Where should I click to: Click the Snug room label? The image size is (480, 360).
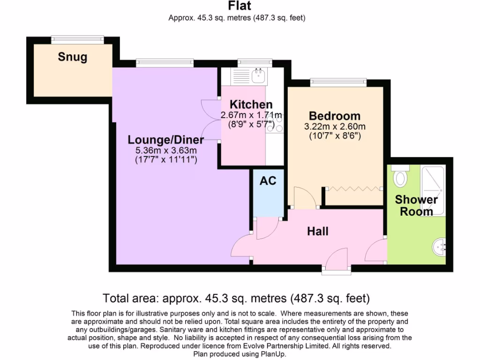[x=73, y=57]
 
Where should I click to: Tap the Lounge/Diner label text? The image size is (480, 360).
[x=166, y=140]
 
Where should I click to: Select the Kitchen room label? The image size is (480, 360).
[x=251, y=105]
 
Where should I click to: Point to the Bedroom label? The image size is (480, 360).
[x=335, y=116]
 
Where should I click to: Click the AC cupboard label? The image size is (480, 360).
[x=268, y=181]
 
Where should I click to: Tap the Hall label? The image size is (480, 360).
[x=317, y=231]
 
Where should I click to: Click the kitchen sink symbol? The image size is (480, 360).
[x=257, y=75]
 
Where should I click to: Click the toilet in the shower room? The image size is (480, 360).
[x=400, y=177]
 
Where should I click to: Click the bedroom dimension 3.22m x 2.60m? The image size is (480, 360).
[x=335, y=127]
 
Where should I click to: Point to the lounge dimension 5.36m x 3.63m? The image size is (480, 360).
[x=166, y=150]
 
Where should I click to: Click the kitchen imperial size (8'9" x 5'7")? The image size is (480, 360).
[x=251, y=124]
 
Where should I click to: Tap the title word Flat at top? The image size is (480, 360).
[x=240, y=6]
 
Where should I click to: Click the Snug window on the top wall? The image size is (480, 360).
[x=77, y=39]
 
